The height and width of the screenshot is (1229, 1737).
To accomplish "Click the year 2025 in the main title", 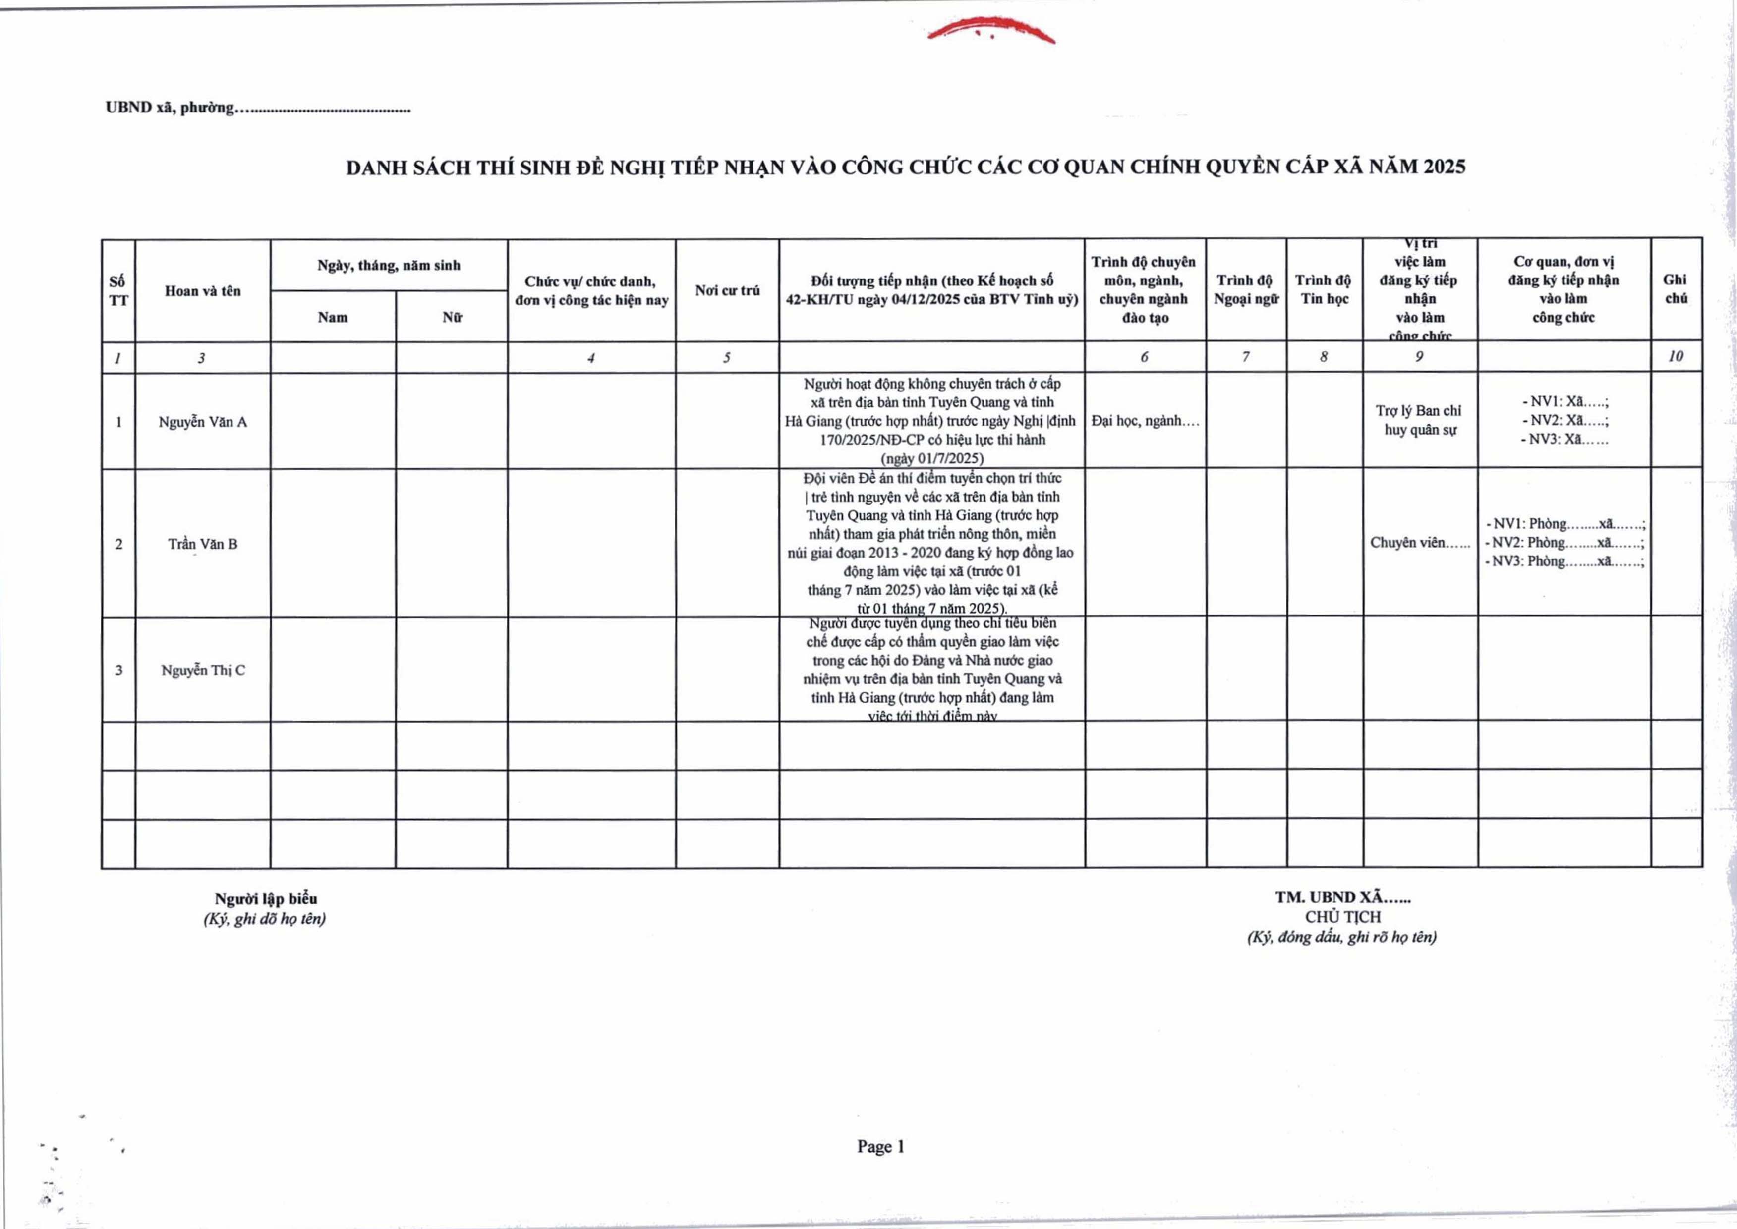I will point(1444,167).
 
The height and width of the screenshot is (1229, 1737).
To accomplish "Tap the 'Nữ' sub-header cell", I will point(452,318).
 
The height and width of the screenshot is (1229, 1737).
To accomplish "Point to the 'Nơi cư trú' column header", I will point(727,290).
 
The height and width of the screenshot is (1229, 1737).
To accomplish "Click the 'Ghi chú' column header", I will point(1676,289).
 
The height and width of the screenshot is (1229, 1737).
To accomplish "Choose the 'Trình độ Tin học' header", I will point(1323,289).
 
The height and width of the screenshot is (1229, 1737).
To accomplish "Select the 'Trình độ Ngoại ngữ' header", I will point(1246,289).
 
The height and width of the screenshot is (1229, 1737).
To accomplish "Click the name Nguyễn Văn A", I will point(202,422).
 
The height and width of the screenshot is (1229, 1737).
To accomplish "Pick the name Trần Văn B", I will point(202,544).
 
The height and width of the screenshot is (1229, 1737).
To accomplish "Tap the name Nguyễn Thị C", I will point(202,670).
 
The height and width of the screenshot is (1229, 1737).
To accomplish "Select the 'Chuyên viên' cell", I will point(1419,543).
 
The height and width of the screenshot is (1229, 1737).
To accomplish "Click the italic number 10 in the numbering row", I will point(1676,356).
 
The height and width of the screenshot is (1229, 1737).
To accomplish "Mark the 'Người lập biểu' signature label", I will point(266,899).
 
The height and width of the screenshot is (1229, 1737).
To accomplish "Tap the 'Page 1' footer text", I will point(880,1147).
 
